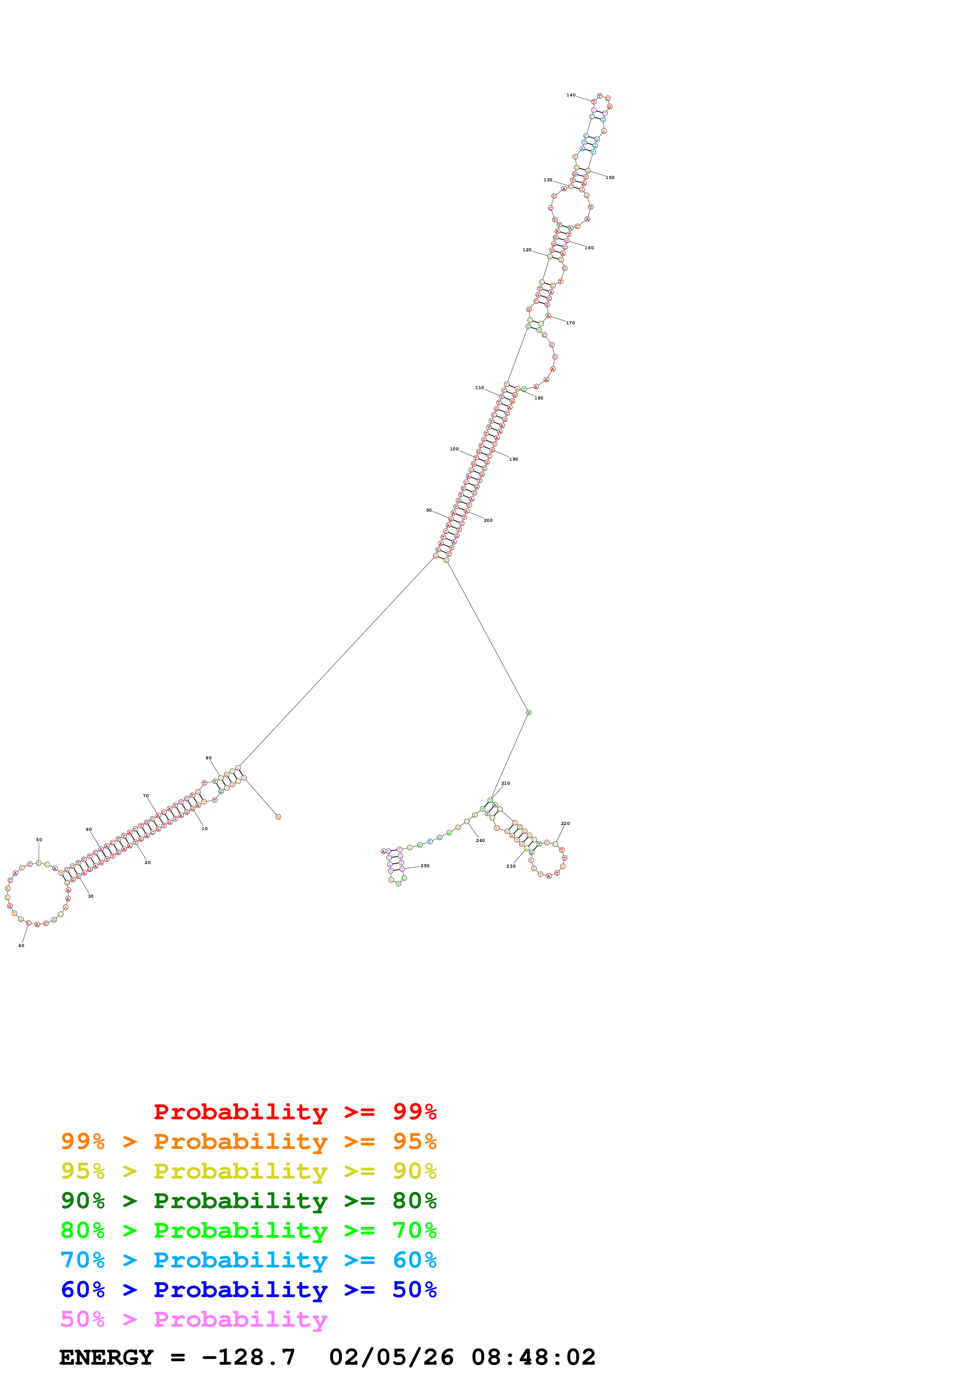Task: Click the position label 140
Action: tap(570, 95)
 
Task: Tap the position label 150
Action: tap(610, 177)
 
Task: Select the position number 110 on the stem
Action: tap(480, 388)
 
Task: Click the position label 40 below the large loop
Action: tap(21, 945)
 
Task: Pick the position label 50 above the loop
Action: tap(39, 840)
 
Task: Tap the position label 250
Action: tap(425, 866)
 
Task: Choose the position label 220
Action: tap(565, 823)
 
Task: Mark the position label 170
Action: tap(570, 323)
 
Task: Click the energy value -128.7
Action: tap(249, 1357)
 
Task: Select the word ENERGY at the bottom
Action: tap(106, 1357)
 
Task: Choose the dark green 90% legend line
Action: tap(248, 1201)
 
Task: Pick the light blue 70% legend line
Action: tap(248, 1260)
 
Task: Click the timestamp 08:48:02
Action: tap(533, 1357)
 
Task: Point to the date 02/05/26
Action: tap(391, 1357)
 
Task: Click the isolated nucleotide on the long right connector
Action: tap(528, 712)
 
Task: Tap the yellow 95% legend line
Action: tap(248, 1171)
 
